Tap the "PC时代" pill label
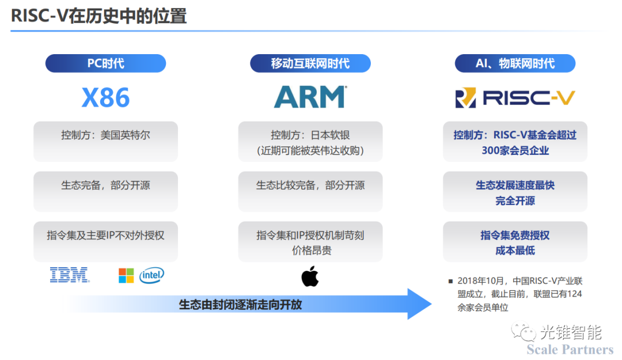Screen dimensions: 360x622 [105, 63]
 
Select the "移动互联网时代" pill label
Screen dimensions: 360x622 [310, 63]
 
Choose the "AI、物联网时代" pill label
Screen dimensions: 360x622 [515, 63]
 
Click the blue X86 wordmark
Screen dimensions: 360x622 [105, 98]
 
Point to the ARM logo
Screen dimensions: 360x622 [310, 97]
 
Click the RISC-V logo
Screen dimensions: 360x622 [515, 98]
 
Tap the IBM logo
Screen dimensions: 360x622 [70, 275]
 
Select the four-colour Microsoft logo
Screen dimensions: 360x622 [126, 276]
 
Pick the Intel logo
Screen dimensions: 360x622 [151, 275]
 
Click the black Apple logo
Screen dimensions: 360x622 [310, 276]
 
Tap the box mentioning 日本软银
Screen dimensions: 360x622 [310, 142]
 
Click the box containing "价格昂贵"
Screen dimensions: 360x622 [310, 242]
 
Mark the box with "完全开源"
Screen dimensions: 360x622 [515, 192]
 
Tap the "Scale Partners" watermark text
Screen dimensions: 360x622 [570, 350]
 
